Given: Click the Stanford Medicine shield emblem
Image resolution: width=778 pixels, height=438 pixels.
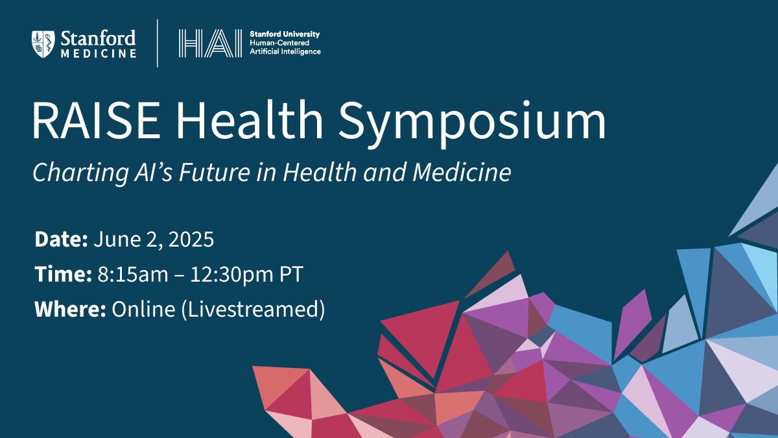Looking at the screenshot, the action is (x=43, y=44).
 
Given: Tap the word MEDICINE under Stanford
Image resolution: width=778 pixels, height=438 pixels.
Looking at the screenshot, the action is (x=99, y=53).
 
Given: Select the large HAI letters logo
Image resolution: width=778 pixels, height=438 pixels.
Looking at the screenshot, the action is (x=210, y=43).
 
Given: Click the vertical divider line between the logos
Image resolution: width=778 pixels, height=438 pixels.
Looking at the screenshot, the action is (x=158, y=43).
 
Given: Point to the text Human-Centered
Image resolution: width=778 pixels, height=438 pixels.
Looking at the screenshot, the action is (x=279, y=43).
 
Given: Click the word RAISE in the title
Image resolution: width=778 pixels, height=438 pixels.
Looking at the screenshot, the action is (x=96, y=120).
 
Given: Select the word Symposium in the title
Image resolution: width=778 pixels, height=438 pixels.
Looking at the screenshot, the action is (x=472, y=124).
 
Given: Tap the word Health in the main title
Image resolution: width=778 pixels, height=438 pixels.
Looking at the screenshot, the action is (x=250, y=119).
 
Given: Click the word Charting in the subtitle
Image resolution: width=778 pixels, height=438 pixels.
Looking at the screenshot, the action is (x=80, y=173).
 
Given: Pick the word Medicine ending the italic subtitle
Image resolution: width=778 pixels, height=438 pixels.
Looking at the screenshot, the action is (x=462, y=172).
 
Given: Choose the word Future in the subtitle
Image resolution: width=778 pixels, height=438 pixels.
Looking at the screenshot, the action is (x=215, y=172).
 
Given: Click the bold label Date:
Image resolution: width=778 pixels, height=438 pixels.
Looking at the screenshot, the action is (x=61, y=239).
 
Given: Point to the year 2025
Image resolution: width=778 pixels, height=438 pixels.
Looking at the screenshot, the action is (x=191, y=239).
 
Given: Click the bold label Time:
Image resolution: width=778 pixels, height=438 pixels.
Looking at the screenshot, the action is (x=64, y=274).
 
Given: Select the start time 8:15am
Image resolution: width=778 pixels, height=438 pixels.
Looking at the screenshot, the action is (x=133, y=274).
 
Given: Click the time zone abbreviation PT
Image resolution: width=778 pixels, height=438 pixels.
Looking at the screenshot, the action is (x=291, y=274).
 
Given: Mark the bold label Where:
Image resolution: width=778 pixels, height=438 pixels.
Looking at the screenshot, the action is (x=70, y=309).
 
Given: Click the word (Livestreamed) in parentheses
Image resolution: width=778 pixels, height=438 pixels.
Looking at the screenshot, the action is (x=253, y=310).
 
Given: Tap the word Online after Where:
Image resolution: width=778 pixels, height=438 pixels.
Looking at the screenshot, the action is (x=143, y=309).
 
